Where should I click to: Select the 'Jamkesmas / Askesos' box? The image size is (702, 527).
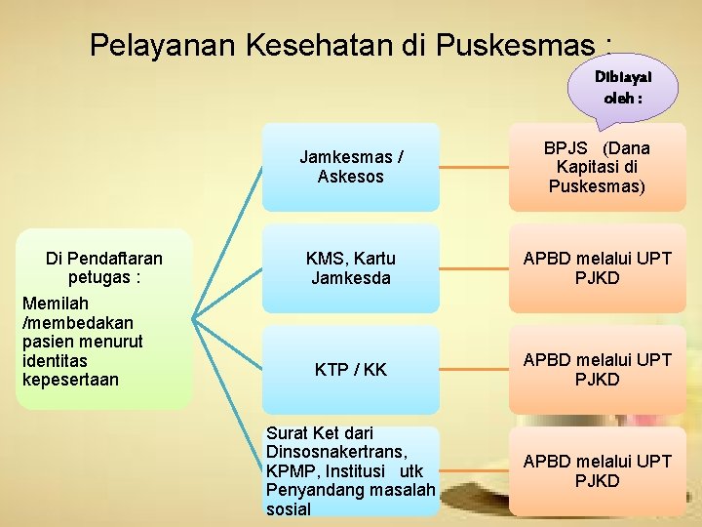tap(350, 167)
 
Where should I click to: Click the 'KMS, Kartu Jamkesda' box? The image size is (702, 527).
tap(350, 268)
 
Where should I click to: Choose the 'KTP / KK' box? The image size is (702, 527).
tap(350, 370)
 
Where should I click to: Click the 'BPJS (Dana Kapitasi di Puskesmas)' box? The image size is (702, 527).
tap(597, 167)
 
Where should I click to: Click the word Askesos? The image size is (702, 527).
tap(350, 177)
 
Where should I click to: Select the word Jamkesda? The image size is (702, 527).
tap(350, 278)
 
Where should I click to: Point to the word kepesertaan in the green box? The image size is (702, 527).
tap(69, 379)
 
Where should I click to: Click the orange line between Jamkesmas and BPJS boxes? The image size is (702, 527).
tap(473, 167)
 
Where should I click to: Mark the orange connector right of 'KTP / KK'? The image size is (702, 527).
tap(473, 370)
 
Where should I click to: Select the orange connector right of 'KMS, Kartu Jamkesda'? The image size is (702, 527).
tap(473, 268)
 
